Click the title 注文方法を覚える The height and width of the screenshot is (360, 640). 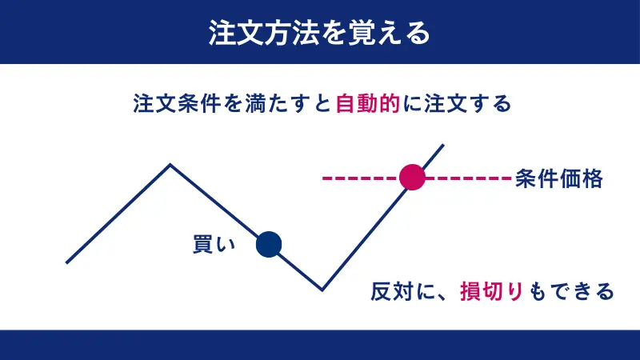tap(319, 32)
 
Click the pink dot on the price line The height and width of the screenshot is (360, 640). tap(412, 177)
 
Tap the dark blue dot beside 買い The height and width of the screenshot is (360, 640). tap(269, 244)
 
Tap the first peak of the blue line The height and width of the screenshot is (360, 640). tap(170, 165)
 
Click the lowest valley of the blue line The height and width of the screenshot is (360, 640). tap(322, 290)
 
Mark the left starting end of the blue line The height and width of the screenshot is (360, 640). tap(67, 262)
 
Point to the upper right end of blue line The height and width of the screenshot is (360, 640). tap(442, 145)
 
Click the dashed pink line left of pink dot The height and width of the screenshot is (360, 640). tap(360, 178)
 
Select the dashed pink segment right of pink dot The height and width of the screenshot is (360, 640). tap(467, 178)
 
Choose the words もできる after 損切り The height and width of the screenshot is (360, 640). tap(569, 290)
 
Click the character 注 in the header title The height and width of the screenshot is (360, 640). tap(222, 32)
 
